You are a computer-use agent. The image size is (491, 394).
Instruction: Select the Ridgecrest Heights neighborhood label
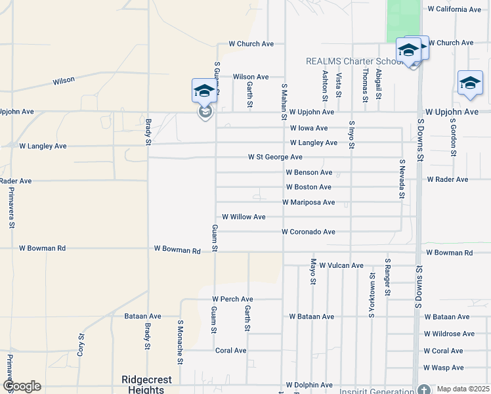point(142,385)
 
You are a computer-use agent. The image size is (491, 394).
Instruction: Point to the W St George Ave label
point(275,158)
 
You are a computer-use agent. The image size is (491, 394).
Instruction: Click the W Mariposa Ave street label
point(309,202)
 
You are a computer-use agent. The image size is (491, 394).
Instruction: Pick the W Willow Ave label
point(244,217)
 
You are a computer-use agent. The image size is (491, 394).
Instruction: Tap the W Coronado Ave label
point(309,232)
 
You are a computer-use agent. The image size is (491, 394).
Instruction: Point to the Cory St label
point(81,344)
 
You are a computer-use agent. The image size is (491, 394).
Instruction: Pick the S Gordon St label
point(454,138)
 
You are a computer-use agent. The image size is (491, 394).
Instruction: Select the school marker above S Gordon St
point(470,83)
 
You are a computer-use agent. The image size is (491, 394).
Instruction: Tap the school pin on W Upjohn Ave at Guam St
point(204,91)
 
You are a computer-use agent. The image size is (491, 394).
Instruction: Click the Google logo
point(22,386)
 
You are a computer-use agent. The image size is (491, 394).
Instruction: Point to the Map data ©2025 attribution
point(463,389)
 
